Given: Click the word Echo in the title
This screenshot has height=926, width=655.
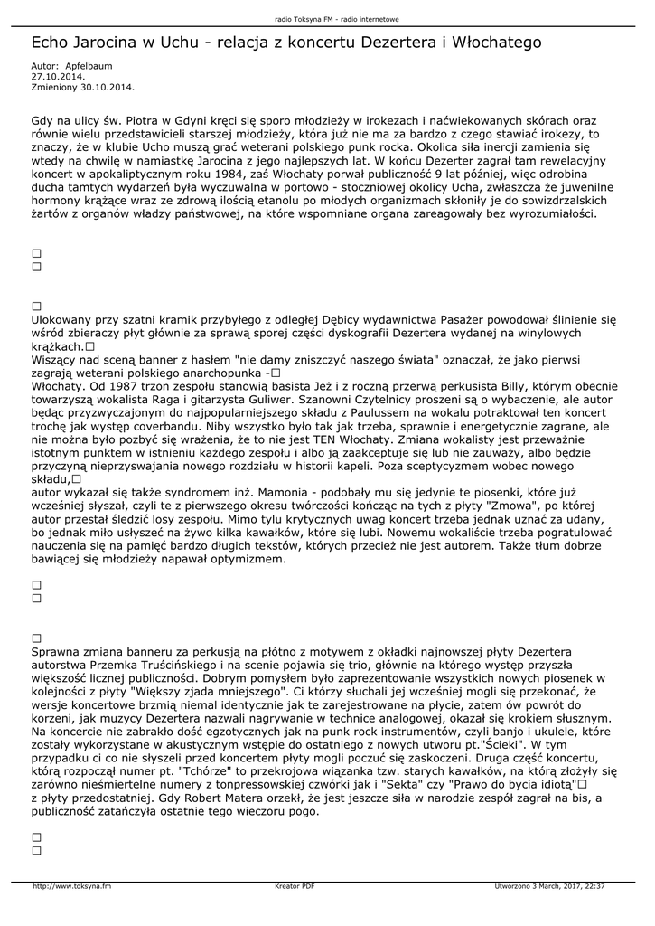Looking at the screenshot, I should click(x=51, y=43).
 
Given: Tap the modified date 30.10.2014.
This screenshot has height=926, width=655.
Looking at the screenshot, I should click(x=108, y=87).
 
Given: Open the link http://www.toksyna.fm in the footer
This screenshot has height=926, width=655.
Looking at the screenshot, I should click(x=72, y=886).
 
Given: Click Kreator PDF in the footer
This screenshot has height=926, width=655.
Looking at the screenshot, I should click(x=295, y=886).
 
